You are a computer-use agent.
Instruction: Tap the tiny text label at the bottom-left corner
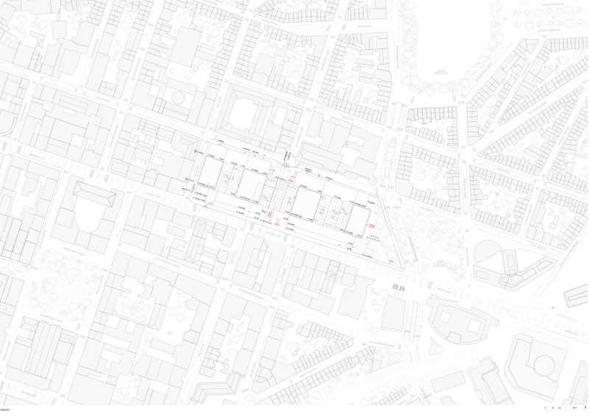(x=8, y=406)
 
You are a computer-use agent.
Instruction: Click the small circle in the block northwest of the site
(x=177, y=96)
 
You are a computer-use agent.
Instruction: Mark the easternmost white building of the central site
(x=360, y=218)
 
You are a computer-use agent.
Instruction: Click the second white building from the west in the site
(x=250, y=187)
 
